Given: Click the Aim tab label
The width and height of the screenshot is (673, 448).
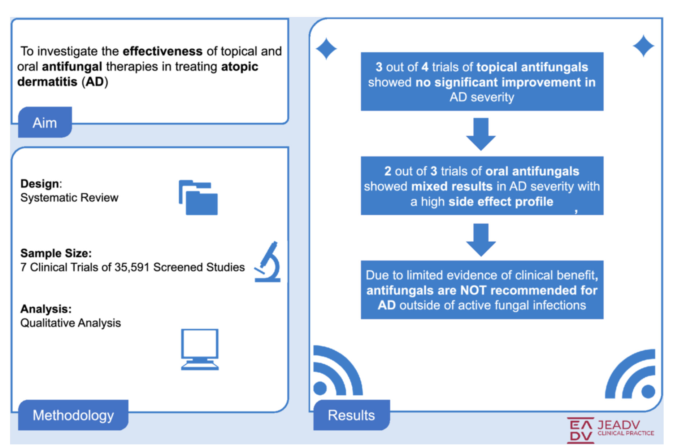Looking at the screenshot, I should (x=45, y=123).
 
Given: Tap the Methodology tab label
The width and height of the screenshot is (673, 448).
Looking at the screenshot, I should (x=73, y=415).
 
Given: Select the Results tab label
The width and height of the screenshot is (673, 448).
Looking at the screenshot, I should (x=351, y=415).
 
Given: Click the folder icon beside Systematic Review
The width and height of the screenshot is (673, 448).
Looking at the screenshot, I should (x=198, y=198).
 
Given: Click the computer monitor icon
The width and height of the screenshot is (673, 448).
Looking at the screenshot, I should (x=200, y=349).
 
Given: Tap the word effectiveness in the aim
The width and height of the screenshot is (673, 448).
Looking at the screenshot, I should (x=162, y=51).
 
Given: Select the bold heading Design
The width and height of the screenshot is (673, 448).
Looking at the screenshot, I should (x=40, y=184).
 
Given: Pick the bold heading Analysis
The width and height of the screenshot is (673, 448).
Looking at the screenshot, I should (x=45, y=309).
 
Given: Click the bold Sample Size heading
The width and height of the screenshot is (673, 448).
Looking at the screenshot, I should (x=56, y=253).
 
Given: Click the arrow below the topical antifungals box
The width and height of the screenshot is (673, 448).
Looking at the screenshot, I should (x=481, y=134).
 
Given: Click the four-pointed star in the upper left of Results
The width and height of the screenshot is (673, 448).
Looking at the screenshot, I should (x=326, y=48).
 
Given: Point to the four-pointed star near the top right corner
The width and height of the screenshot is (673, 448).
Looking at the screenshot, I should (x=643, y=46).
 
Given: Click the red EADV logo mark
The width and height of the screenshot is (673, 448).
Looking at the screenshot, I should (x=580, y=430).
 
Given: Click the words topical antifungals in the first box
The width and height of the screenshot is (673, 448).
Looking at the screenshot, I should (x=532, y=67).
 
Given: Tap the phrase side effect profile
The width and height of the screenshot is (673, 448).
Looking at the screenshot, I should (x=500, y=202).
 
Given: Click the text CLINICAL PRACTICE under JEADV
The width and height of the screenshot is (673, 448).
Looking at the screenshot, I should (x=626, y=433).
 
